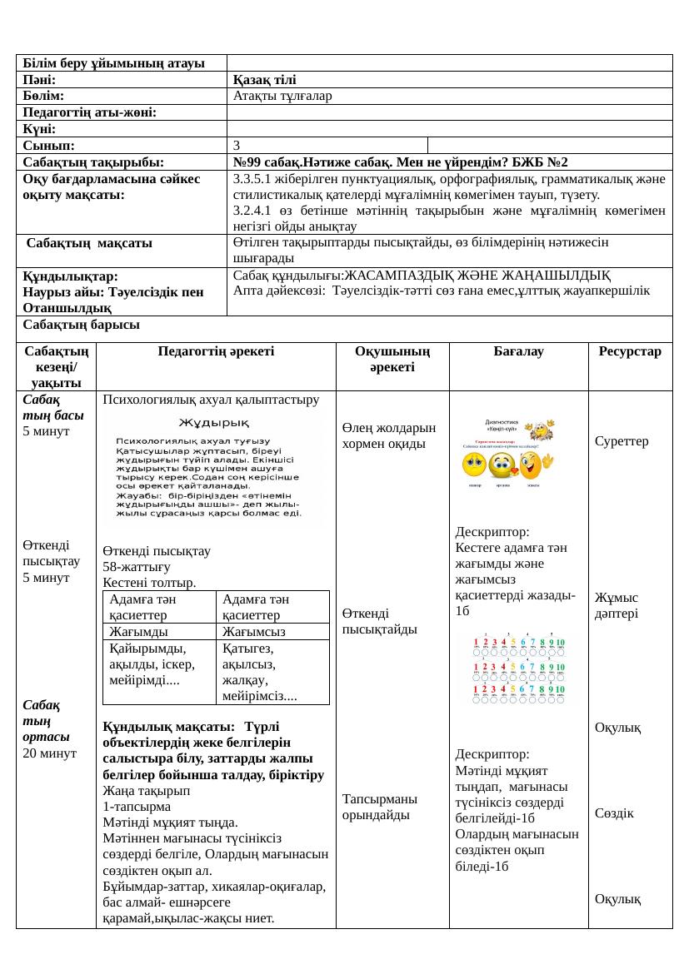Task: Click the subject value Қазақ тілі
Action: pyautogui.click(x=264, y=80)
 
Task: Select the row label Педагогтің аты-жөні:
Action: pyautogui.click(x=91, y=112)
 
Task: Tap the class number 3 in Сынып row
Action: pyautogui.click(x=237, y=145)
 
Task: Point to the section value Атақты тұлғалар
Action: pyautogui.click(x=282, y=96)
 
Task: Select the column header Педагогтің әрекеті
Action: pyautogui.click(x=216, y=351)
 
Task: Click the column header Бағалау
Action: pyautogui.click(x=518, y=351)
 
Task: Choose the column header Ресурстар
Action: pyautogui.click(x=630, y=351)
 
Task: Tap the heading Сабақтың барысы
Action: pyautogui.click(x=81, y=324)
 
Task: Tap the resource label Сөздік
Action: pyautogui.click(x=614, y=812)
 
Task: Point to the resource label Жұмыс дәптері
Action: pyautogui.click(x=617, y=605)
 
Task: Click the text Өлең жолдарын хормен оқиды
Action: pyautogui.click(x=388, y=435)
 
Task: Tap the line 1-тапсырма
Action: pyautogui.click(x=137, y=806)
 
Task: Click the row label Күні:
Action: pyautogui.click(x=40, y=129)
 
